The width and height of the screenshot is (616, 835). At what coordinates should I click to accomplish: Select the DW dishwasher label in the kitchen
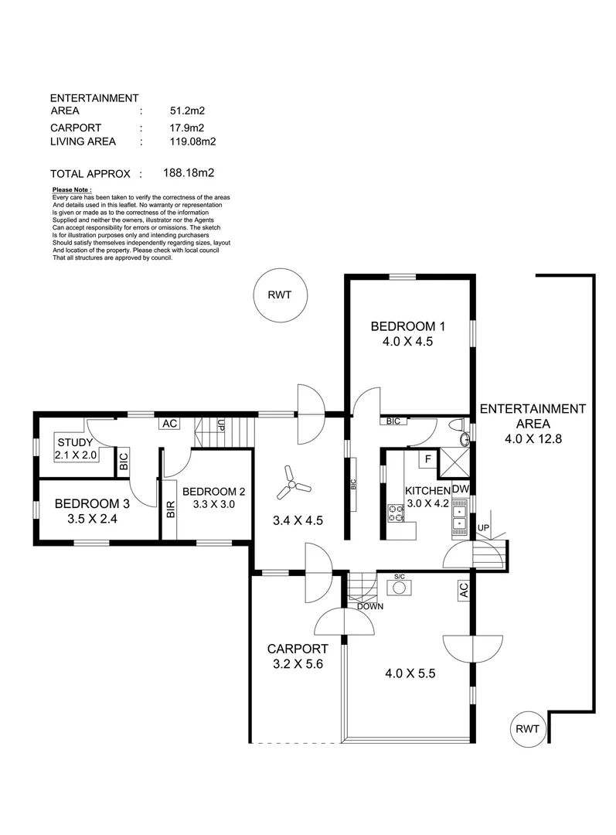click(x=459, y=489)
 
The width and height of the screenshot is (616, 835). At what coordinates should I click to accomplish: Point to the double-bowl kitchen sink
click(x=459, y=516)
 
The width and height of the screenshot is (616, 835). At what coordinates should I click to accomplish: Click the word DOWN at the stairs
click(x=370, y=606)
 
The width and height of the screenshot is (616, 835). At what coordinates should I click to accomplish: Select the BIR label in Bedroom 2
click(x=171, y=508)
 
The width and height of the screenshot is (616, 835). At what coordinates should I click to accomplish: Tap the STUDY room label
click(x=75, y=442)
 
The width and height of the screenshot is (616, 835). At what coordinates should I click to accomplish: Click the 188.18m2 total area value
click(x=189, y=173)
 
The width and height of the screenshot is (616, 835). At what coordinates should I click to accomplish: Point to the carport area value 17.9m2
click(x=186, y=128)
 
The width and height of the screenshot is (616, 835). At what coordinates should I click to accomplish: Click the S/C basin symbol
click(x=400, y=588)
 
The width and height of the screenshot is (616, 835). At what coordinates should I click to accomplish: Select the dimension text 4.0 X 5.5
click(x=410, y=673)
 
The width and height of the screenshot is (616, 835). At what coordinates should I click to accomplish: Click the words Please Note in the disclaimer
click(x=72, y=189)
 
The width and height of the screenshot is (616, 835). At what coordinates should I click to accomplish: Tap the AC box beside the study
click(x=168, y=423)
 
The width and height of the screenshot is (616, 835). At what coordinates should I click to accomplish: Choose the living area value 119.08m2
click(x=192, y=141)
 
